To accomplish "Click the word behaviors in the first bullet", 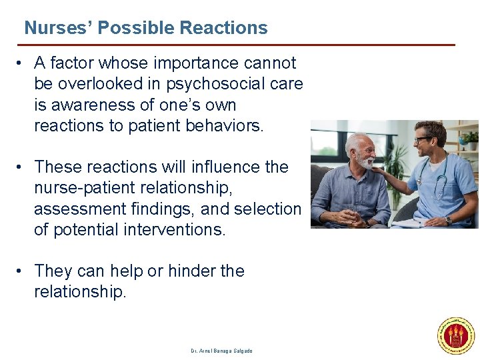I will pyautogui.click(x=224, y=126).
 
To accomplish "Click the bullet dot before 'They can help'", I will pyautogui.click(x=21, y=271).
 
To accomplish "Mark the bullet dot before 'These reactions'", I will pyautogui.click(x=21, y=167).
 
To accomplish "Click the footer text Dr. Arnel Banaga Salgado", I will pyautogui.click(x=221, y=351).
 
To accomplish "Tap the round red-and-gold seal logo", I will pyautogui.click(x=456, y=336).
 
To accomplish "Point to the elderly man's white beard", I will pyautogui.click(x=365, y=161).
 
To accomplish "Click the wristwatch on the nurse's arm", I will pyautogui.click(x=448, y=219).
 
